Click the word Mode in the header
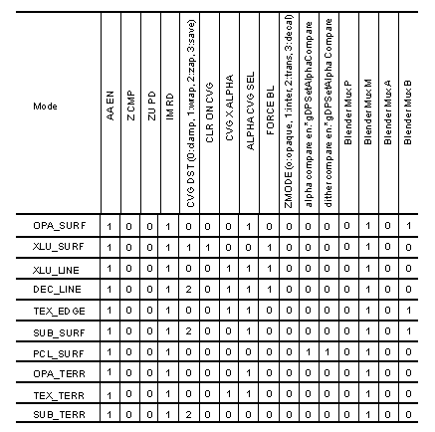[x=45, y=106]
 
